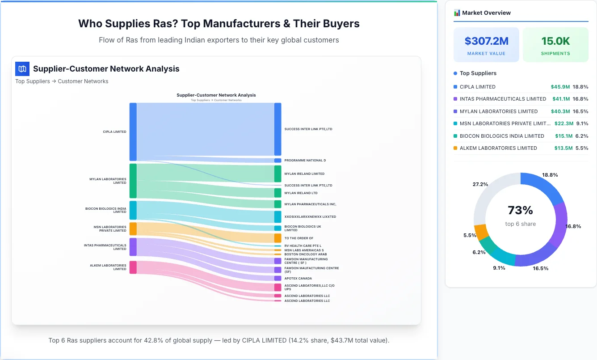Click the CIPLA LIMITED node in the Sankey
[133, 131]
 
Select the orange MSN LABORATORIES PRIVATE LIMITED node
[133, 229]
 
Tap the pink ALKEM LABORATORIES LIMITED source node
[133, 267]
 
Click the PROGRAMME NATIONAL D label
[305, 161]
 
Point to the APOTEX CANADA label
[298, 279]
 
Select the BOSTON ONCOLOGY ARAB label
[305, 254]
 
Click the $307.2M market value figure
[486, 41]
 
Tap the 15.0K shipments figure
[555, 41]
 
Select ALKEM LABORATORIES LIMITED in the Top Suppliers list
[498, 148]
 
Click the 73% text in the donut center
[520, 210]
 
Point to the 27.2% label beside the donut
[480, 184]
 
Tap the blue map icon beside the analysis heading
[22, 69]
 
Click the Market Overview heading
[486, 13]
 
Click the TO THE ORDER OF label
[298, 238]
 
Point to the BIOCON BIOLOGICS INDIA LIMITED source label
[106, 210]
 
